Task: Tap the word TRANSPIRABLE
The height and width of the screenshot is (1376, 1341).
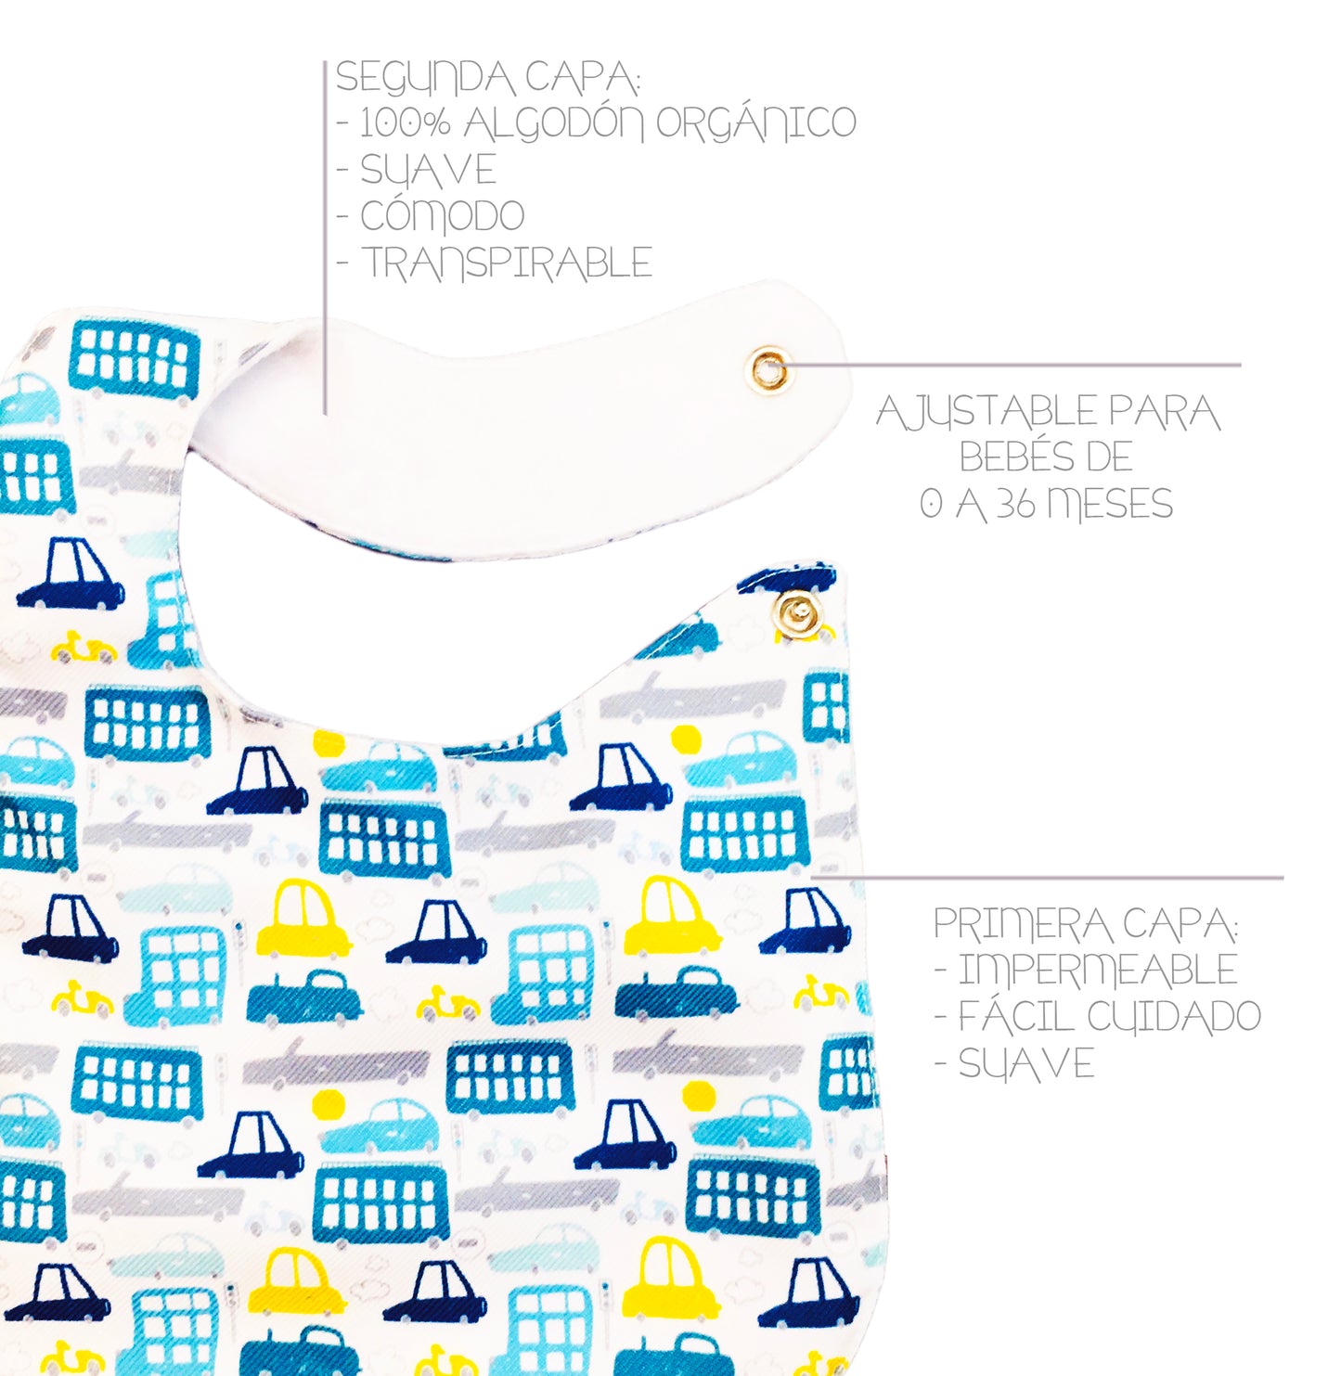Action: coord(507,263)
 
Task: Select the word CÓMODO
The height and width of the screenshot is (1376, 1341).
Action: coord(443,216)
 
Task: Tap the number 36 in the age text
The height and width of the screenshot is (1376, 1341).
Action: coord(1017,505)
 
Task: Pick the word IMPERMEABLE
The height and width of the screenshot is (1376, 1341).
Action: coord(1098,971)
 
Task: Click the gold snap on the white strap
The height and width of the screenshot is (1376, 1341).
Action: coord(768,370)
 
